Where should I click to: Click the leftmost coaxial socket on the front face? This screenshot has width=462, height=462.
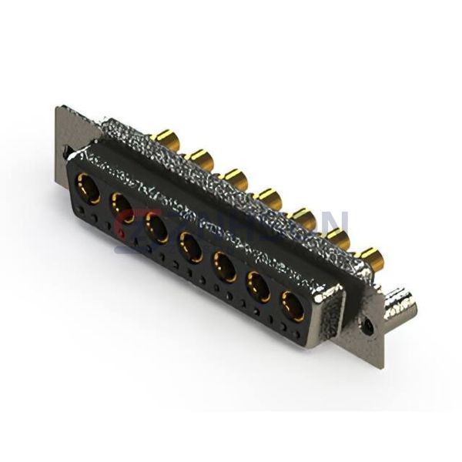click(89, 188)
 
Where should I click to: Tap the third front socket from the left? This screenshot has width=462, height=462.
click(157, 227)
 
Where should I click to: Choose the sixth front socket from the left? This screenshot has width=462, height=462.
click(259, 286)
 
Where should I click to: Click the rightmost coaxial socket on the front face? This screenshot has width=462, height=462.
click(293, 306)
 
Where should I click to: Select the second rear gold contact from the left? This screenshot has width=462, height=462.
click(201, 159)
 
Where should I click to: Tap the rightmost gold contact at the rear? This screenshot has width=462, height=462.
click(370, 257)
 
